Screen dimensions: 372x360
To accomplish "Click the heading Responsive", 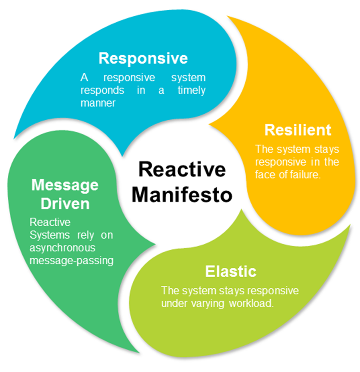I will pos(143,58).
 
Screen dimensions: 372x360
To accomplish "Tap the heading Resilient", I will pos(298,130).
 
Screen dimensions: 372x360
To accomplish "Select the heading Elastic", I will pos(231,272).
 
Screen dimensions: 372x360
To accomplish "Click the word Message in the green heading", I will pos(65,185).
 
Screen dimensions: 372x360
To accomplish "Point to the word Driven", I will pos(65,203).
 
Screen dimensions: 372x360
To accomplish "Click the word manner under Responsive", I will pos(98,103).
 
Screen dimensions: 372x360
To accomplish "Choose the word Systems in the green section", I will pos(45,236).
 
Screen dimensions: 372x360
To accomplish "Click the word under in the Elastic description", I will pos(172,303).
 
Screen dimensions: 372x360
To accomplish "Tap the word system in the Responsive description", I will pos(189,78).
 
